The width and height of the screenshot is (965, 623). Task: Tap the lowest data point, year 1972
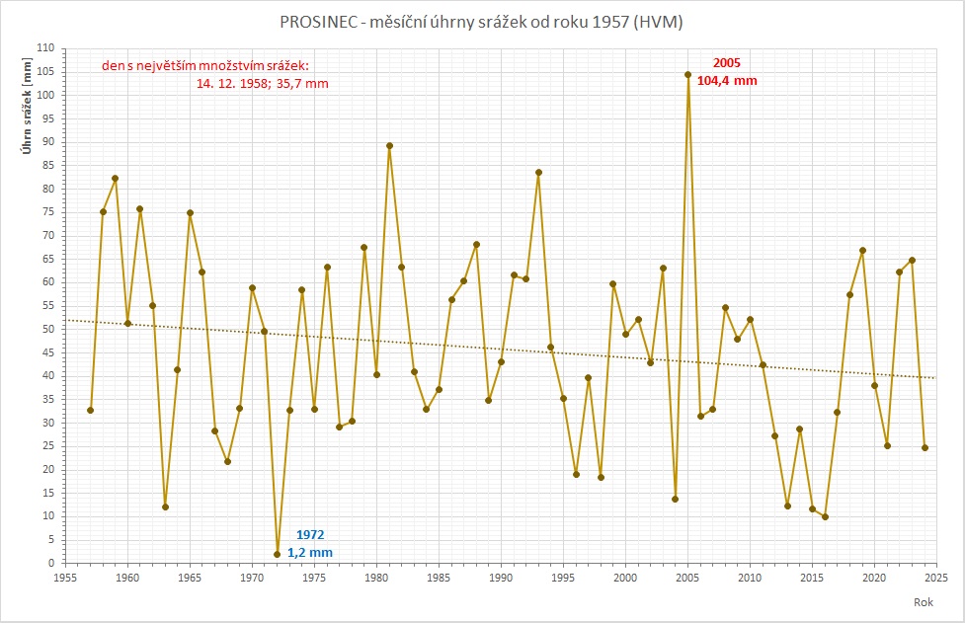[277, 554]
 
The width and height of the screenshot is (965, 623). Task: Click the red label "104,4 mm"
[727, 81]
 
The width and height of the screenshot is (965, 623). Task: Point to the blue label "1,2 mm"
[310, 552]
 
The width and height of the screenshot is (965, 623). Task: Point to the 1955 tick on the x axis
[66, 576]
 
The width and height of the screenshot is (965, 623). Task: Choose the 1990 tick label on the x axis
[501, 576]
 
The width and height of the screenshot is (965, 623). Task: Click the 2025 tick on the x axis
[936, 576]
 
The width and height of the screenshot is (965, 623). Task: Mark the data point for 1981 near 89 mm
[389, 145]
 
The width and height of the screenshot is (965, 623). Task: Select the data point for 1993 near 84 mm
[538, 172]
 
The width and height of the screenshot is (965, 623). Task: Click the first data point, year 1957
[90, 410]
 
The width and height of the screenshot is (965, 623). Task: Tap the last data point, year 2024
[925, 447]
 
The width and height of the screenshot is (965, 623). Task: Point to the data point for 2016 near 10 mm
[825, 516]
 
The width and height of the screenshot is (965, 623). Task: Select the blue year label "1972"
[310, 534]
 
